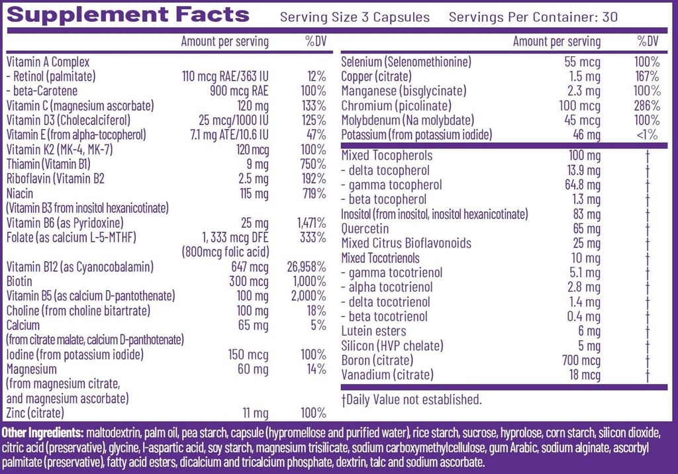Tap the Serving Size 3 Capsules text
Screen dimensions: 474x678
(355, 17)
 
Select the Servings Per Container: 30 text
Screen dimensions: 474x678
(533, 17)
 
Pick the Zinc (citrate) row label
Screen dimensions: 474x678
(35, 413)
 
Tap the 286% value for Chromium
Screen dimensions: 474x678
(646, 105)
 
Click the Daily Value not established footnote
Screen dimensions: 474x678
(411, 399)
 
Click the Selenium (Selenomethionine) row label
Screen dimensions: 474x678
(406, 62)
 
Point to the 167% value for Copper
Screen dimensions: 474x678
(646, 76)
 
